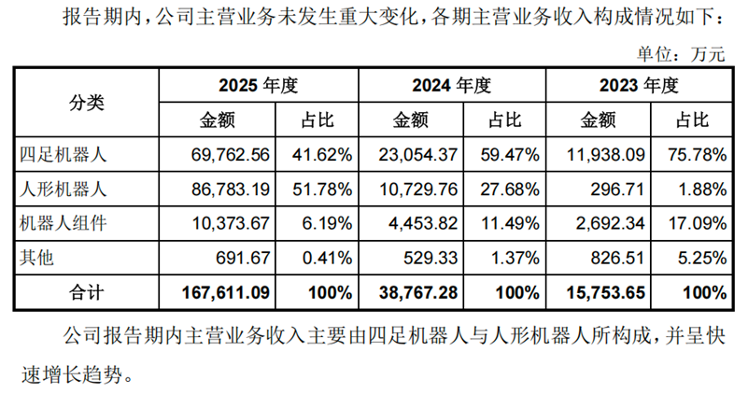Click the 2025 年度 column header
pyautogui.click(x=258, y=85)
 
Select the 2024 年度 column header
pyautogui.click(x=452, y=85)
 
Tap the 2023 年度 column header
pyautogui.click(x=639, y=85)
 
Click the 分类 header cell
pyautogui.click(x=86, y=103)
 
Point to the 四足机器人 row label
pyautogui.click(x=63, y=155)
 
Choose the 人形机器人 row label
pyautogui.click(x=63, y=189)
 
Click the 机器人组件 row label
pyautogui.click(x=63, y=223)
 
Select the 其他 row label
pyautogui.click(x=36, y=258)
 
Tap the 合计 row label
pyautogui.click(x=86, y=292)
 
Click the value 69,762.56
pyautogui.click(x=231, y=155)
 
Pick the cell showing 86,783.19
pyautogui.click(x=231, y=189)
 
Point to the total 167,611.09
pyautogui.click(x=226, y=292)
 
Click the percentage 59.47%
pyautogui.click(x=510, y=155)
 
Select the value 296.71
pyautogui.click(x=617, y=189)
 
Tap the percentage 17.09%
pyautogui.click(x=698, y=223)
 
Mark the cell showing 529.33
pyautogui.click(x=430, y=258)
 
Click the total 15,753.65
pyautogui.click(x=605, y=292)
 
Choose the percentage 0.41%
pyautogui.click(x=327, y=258)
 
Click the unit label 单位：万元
pyautogui.click(x=681, y=54)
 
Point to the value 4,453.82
pyautogui.click(x=423, y=223)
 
